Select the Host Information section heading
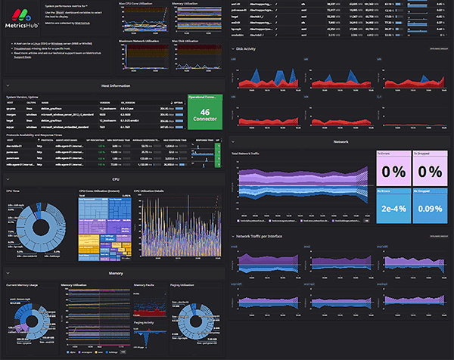pyautogui.click(x=113, y=86)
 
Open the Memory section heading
pyautogui.click(x=114, y=272)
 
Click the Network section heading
pyautogui.click(x=340, y=141)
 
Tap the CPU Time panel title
pyautogui.click(x=14, y=191)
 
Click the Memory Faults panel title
pyautogui.click(x=145, y=285)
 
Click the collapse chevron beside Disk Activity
pyautogui.click(x=232, y=49)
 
